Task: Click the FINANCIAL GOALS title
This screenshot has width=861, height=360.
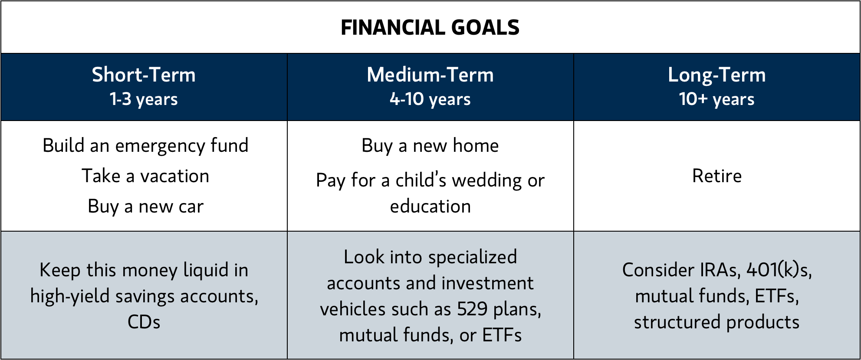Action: pyautogui.click(x=430, y=28)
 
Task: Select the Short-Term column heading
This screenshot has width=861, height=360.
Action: pyautogui.click(x=144, y=75)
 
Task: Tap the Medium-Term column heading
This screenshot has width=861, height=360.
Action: pyautogui.click(x=430, y=75)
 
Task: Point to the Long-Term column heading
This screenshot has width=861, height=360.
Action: pyautogui.click(x=717, y=75)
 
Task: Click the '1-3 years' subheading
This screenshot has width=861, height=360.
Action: pyautogui.click(x=144, y=99)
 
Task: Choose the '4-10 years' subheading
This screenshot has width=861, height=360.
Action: pyautogui.click(x=430, y=99)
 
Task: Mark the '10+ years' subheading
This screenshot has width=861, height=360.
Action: pyautogui.click(x=717, y=99)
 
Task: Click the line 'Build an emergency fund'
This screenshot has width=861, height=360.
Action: pyautogui.click(x=145, y=146)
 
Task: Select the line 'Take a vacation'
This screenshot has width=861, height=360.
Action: pyautogui.click(x=145, y=176)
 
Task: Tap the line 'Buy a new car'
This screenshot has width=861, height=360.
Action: pyautogui.click(x=145, y=207)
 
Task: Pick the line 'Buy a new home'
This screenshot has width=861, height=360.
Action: pyautogui.click(x=430, y=146)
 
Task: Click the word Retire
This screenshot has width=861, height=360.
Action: pyautogui.click(x=717, y=176)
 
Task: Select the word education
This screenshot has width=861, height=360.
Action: pyautogui.click(x=430, y=206)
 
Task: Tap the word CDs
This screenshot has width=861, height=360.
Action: pyautogui.click(x=144, y=322)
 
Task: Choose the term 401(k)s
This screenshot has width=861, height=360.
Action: pyautogui.click(x=779, y=270)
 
